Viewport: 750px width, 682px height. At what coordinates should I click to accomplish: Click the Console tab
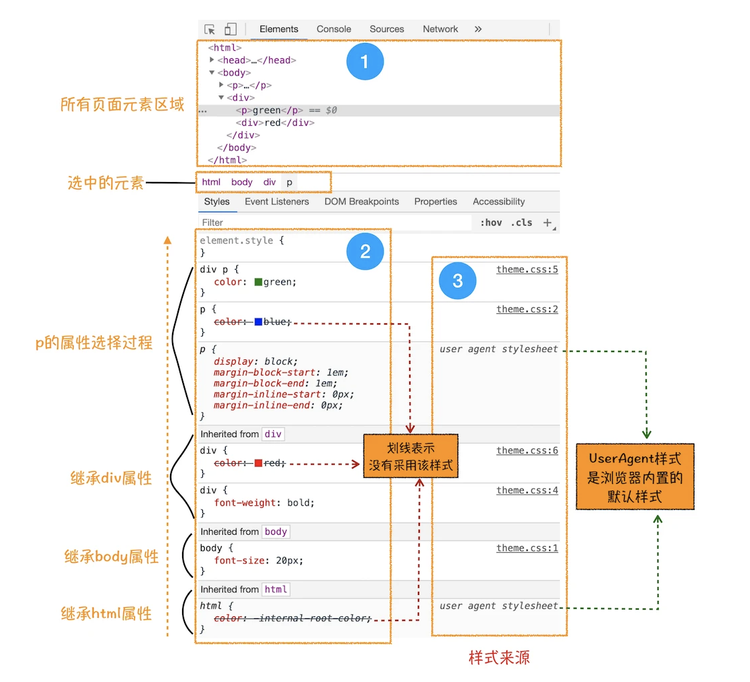pos(333,29)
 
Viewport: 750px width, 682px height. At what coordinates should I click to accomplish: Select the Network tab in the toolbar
pos(440,29)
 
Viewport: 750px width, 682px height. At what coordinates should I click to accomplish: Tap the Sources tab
pos(386,29)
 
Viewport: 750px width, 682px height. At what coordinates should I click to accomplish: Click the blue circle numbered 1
pos(365,62)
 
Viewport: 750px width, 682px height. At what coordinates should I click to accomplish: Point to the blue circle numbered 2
pos(365,252)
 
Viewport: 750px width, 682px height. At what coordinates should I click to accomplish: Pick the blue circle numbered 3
pos(457,280)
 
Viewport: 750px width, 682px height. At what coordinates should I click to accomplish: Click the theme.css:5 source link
pos(527,269)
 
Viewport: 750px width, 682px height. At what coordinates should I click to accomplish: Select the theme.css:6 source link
pos(527,450)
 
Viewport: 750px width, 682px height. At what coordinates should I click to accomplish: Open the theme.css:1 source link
pos(527,547)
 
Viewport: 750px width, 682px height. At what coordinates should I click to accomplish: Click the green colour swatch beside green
pos(258,282)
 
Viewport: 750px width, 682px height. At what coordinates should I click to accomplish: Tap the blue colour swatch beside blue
pos(258,322)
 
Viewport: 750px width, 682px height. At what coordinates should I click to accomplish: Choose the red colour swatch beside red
pos(258,463)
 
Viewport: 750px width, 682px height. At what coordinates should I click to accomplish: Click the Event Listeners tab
pos(277,201)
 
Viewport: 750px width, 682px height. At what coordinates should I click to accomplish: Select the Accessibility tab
pos(498,201)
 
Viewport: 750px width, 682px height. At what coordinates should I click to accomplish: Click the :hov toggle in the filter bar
pos(492,223)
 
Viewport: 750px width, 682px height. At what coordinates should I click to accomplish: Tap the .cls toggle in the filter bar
pos(522,223)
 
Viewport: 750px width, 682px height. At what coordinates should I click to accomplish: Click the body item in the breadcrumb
pos(242,182)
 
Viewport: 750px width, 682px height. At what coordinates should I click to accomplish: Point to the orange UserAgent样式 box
pos(635,477)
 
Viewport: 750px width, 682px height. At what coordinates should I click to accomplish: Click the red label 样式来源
pos(499,658)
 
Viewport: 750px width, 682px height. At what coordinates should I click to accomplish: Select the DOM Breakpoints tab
pos(361,201)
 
